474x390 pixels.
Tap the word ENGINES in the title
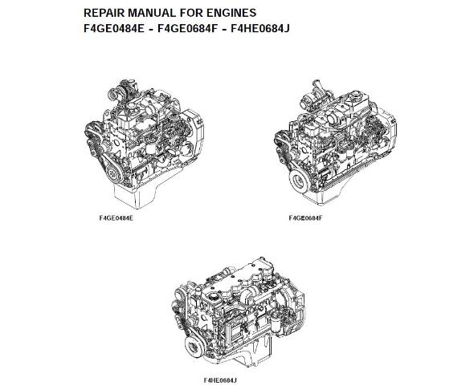(231, 13)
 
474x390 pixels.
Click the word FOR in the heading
(190, 13)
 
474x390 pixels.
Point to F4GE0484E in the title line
(114, 29)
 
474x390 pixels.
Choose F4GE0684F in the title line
(188, 29)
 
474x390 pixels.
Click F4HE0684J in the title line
(260, 29)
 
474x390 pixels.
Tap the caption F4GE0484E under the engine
(116, 218)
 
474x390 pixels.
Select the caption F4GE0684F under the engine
(305, 218)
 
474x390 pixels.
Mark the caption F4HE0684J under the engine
(220, 380)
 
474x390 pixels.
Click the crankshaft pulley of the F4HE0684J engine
(194, 347)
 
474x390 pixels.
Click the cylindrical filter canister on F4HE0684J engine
(276, 324)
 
